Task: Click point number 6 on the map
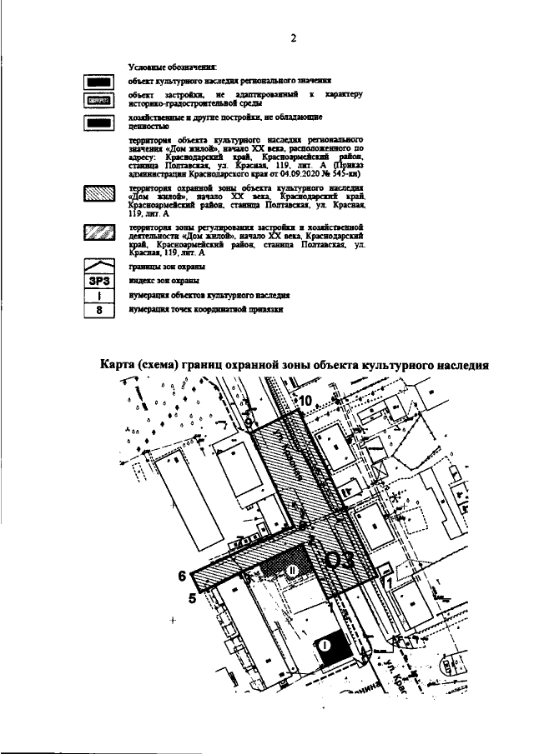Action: click(x=181, y=575)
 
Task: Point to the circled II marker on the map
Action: click(x=292, y=571)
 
